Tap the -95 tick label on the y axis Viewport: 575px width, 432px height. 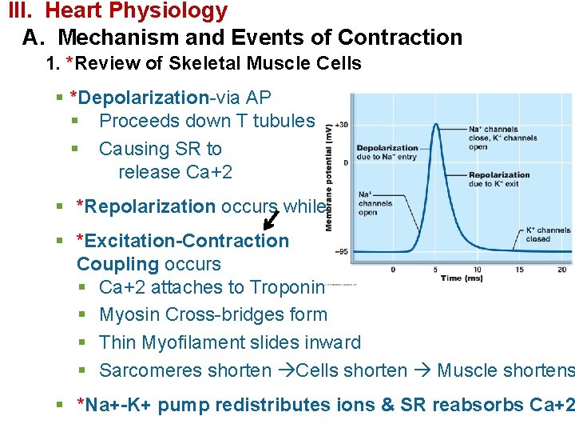340,252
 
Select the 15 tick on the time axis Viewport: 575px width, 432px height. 520,269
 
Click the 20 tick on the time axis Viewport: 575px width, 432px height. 562,269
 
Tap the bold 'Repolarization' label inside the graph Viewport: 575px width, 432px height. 499,175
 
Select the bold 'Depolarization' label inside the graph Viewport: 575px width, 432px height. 387,148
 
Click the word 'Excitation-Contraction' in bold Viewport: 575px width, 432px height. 183,241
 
